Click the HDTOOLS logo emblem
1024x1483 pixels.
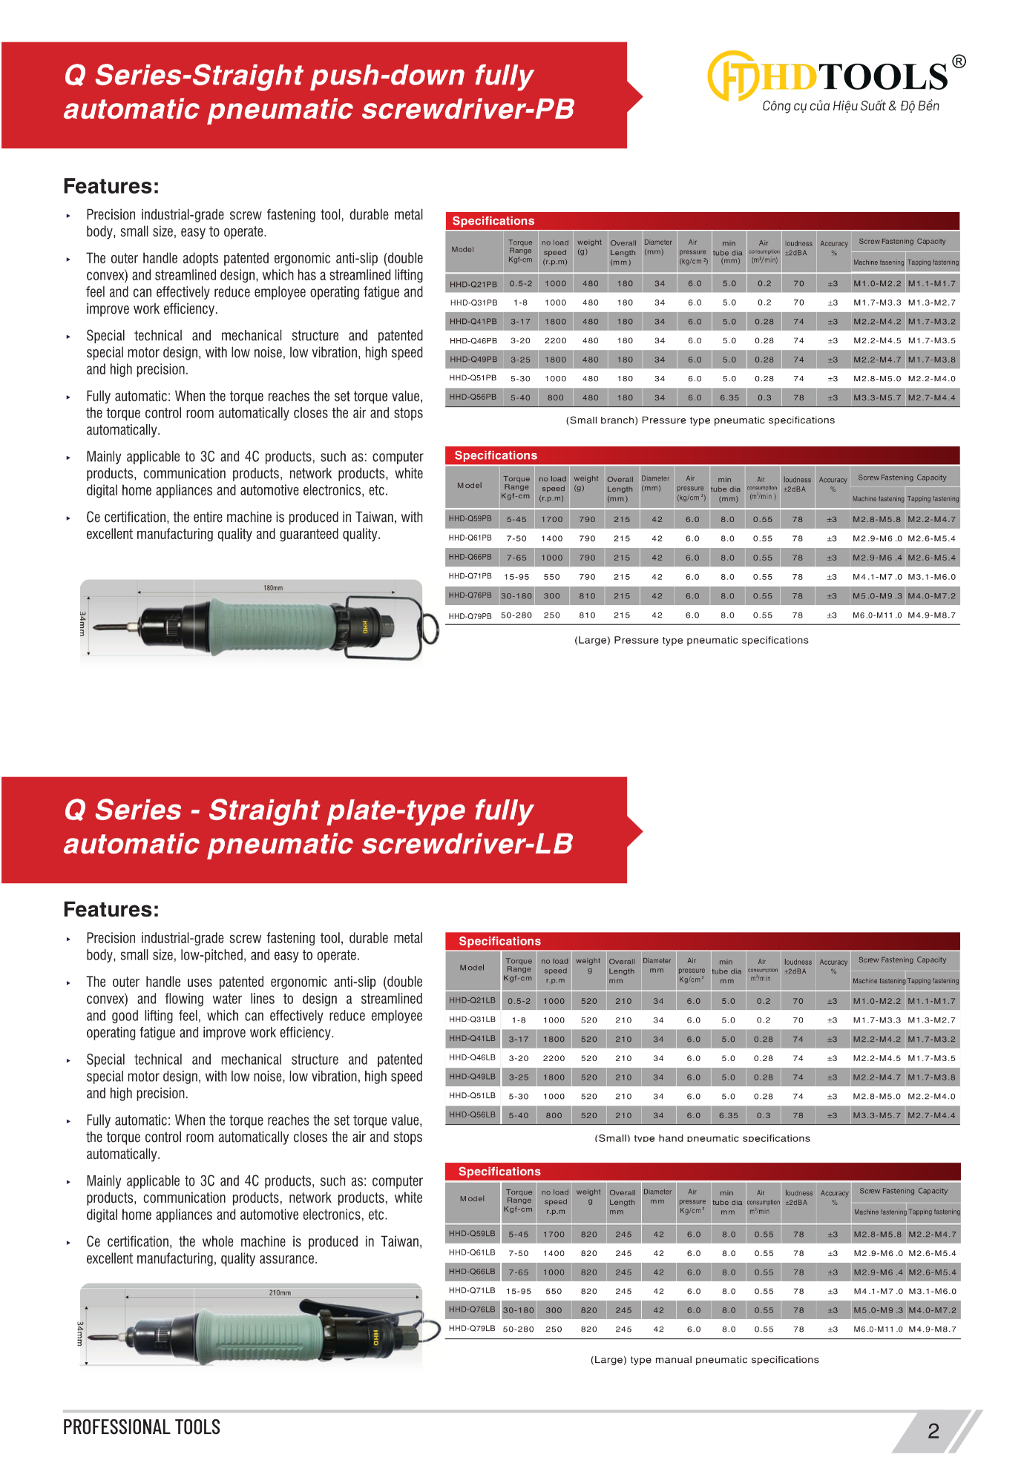pos(733,76)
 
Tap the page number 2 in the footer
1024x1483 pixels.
pos(933,1431)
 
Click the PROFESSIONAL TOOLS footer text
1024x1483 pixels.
pos(141,1427)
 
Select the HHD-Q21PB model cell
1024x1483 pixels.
pos(473,284)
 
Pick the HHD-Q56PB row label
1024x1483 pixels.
pos(473,397)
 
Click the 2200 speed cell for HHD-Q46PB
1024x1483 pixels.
pos(555,341)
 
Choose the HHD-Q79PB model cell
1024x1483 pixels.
pos(470,615)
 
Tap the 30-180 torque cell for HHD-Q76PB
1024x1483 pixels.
pos(516,596)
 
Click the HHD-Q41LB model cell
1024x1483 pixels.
pos(472,1039)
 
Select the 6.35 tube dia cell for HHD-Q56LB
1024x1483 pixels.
pos(729,1115)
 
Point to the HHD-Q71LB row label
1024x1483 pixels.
pos(472,1291)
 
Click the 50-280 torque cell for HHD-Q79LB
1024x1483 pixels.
pos(519,1330)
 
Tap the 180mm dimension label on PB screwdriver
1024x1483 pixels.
pos(273,588)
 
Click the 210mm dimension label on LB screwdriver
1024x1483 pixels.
pos(280,1293)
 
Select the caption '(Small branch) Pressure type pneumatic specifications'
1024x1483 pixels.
pos(700,420)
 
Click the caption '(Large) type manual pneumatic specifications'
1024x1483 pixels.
pos(704,1360)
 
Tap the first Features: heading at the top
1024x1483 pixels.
pos(111,186)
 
